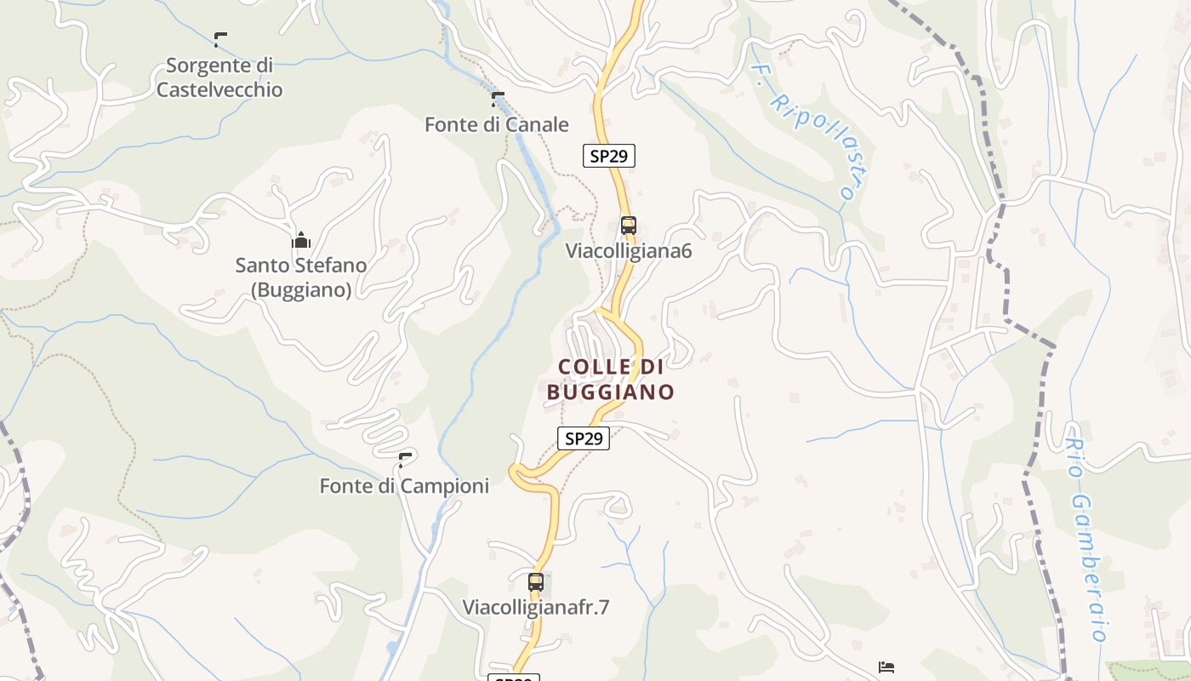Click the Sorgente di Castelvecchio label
pos(219,77)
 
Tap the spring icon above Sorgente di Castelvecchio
pos(220,39)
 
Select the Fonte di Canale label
pos(496,124)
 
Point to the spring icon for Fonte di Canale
pos(498,99)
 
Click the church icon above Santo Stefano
pos(301,241)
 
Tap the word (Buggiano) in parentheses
pos(301,290)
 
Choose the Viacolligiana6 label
pos(629,251)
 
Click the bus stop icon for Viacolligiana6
pos(629,226)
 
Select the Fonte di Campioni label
pos(404,486)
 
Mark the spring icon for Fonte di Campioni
pos(405,461)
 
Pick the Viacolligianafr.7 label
pos(536,608)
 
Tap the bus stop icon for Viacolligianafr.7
pos(536,582)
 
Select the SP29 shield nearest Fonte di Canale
pos(609,156)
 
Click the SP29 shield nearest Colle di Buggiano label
pos(584,438)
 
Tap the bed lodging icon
pos(886,667)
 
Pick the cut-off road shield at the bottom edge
pos(513,678)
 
